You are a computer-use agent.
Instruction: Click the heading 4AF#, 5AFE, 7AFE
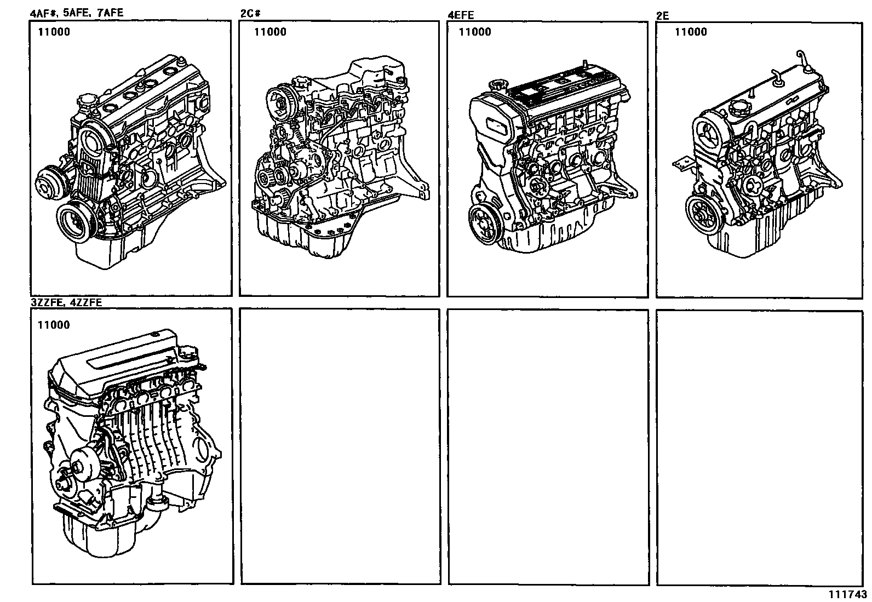[76, 13]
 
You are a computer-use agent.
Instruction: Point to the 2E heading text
[662, 15]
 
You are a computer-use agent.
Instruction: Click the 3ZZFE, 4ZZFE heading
[66, 302]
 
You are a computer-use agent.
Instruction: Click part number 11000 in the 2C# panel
[270, 32]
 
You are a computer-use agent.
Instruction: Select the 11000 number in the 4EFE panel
[475, 32]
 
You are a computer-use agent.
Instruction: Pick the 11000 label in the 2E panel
[691, 32]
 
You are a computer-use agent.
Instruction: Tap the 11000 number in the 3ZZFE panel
[54, 325]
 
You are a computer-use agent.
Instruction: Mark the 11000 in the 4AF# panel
[54, 32]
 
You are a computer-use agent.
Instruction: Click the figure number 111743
[847, 594]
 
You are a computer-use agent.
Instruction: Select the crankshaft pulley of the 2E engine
[701, 214]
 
